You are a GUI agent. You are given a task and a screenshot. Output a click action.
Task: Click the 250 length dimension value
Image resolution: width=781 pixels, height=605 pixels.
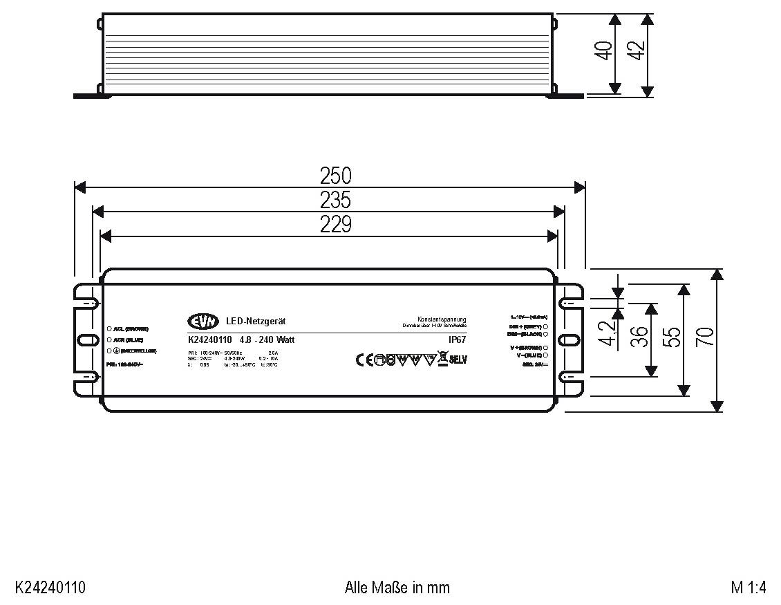(335, 176)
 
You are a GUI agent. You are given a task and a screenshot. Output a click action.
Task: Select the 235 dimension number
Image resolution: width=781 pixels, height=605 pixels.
(335, 200)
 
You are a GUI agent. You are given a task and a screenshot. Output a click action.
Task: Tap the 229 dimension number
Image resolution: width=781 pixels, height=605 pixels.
(335, 225)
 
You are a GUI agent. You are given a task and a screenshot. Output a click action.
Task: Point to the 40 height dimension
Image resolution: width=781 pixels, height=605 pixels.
(604, 51)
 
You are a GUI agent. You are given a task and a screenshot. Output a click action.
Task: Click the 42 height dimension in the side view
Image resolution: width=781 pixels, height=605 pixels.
(637, 51)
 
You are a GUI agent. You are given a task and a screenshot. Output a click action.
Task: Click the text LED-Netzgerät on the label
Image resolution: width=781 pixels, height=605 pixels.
(256, 322)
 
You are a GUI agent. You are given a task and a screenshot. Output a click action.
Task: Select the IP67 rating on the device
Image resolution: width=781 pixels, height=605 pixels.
(458, 339)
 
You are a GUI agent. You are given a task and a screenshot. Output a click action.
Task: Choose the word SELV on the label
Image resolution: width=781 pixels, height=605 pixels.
(459, 360)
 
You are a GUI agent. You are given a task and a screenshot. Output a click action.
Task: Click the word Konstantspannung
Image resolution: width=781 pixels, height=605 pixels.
(442, 319)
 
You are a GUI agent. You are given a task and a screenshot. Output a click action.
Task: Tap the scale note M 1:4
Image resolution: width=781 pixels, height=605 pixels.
(749, 588)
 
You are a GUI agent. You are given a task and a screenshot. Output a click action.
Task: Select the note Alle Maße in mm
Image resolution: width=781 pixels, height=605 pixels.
(397, 588)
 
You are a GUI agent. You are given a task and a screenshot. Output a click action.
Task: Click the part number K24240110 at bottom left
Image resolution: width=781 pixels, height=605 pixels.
(50, 588)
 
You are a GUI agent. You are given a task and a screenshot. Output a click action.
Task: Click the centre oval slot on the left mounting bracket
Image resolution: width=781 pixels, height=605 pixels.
(87, 340)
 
